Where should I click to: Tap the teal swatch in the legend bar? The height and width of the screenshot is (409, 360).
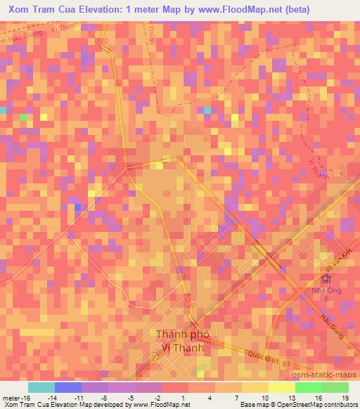pos(41,387)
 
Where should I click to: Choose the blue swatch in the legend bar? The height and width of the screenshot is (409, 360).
pos(68,387)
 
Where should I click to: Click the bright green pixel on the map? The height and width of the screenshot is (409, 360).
pos(24,117)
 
